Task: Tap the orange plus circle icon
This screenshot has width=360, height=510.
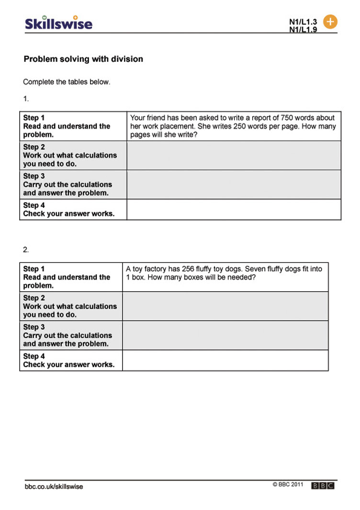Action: click(x=330, y=22)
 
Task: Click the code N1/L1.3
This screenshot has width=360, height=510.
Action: click(x=303, y=22)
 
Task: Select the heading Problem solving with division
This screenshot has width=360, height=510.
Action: click(x=83, y=59)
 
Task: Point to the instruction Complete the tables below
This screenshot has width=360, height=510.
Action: click(x=67, y=82)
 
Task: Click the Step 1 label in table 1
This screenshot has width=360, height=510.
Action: click(x=34, y=118)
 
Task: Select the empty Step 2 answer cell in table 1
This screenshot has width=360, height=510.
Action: click(x=234, y=155)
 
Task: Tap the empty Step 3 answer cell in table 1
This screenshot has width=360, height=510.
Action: click(x=234, y=184)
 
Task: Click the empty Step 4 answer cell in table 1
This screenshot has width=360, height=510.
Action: click(x=234, y=209)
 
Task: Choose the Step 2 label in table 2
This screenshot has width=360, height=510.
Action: click(x=34, y=298)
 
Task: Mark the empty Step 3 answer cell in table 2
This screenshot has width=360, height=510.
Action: click(x=225, y=335)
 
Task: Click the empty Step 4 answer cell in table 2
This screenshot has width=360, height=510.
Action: click(x=225, y=360)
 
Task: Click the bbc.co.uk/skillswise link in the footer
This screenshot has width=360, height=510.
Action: click(x=54, y=487)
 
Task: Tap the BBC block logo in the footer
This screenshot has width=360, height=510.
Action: click(x=323, y=486)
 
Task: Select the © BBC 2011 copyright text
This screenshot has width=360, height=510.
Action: click(x=288, y=485)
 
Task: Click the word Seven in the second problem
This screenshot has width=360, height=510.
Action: click(x=255, y=269)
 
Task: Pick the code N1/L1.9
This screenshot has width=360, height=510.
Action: click(x=303, y=30)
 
